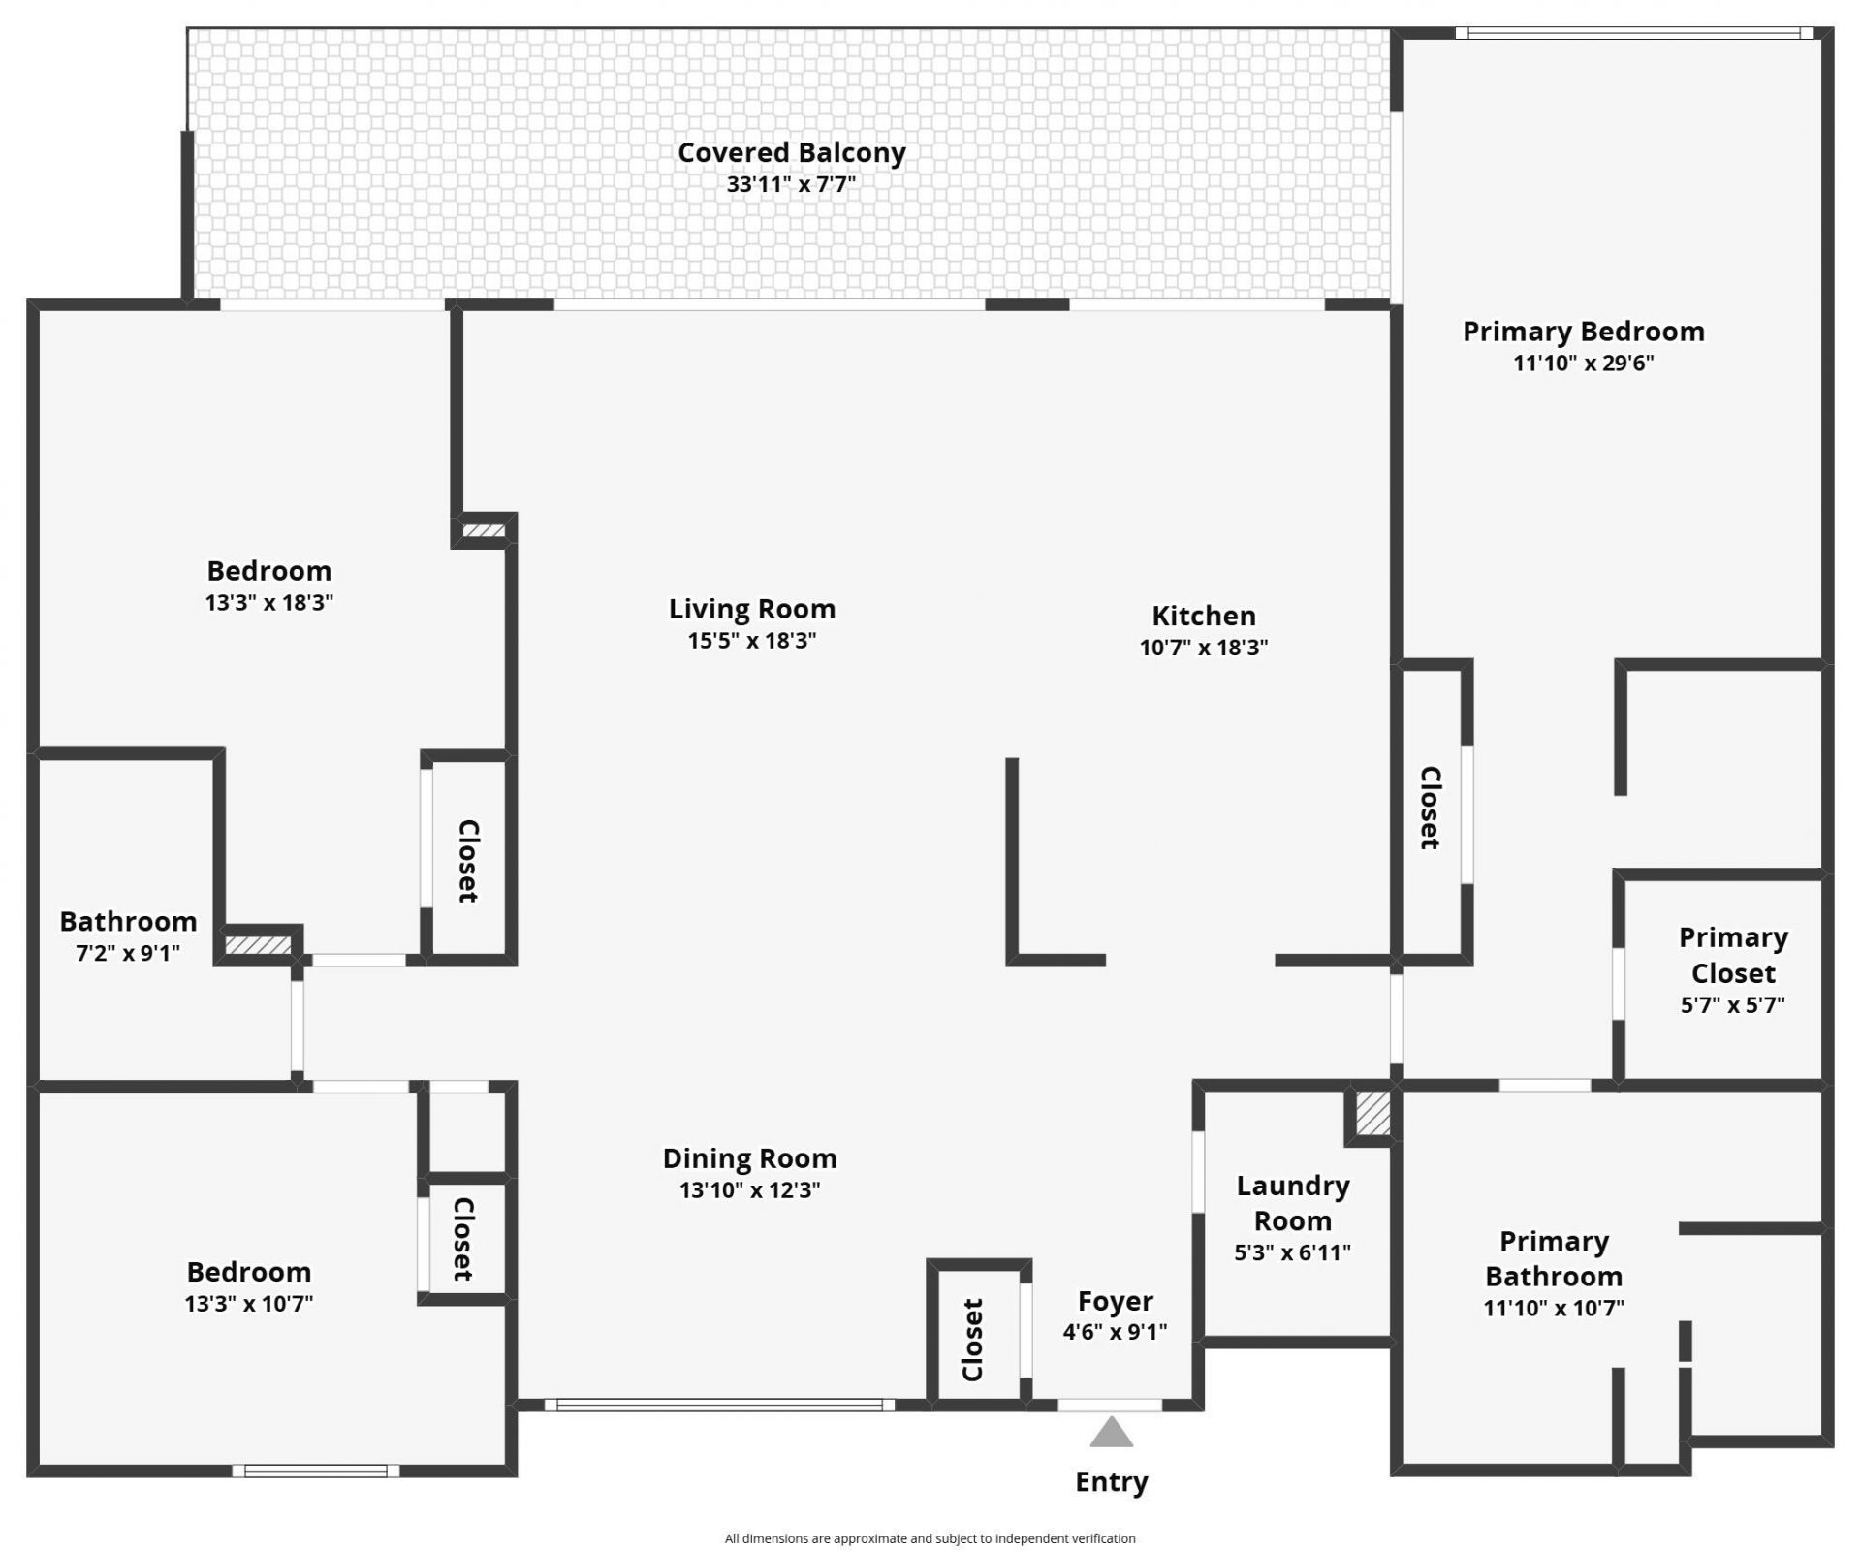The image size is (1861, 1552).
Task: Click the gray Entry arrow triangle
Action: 1111,1433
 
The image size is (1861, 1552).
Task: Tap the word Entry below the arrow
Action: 1111,1482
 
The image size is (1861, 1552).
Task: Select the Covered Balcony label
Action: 791,152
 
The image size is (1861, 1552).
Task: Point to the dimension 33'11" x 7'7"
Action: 791,184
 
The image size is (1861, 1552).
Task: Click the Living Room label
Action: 751,609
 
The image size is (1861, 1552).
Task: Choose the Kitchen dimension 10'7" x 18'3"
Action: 1203,648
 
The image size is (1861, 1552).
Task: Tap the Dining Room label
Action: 749,1158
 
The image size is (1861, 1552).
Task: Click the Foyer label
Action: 1115,1301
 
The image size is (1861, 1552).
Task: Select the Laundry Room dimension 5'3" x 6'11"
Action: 1292,1252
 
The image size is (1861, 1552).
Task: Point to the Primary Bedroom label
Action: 1583,332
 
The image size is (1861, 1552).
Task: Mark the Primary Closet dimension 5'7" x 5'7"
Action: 1732,1005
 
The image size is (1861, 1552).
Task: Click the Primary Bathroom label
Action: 1554,1258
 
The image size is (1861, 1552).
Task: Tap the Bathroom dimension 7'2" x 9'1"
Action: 128,953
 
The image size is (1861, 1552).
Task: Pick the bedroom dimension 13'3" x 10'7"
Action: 248,1304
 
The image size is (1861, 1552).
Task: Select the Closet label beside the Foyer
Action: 973,1340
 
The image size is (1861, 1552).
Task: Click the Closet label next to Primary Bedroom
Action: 1431,808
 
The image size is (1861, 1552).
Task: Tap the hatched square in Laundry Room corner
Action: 1372,1114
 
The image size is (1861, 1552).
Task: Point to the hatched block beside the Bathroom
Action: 258,945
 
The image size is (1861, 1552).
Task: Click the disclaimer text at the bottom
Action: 930,1538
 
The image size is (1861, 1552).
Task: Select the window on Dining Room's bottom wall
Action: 719,1405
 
